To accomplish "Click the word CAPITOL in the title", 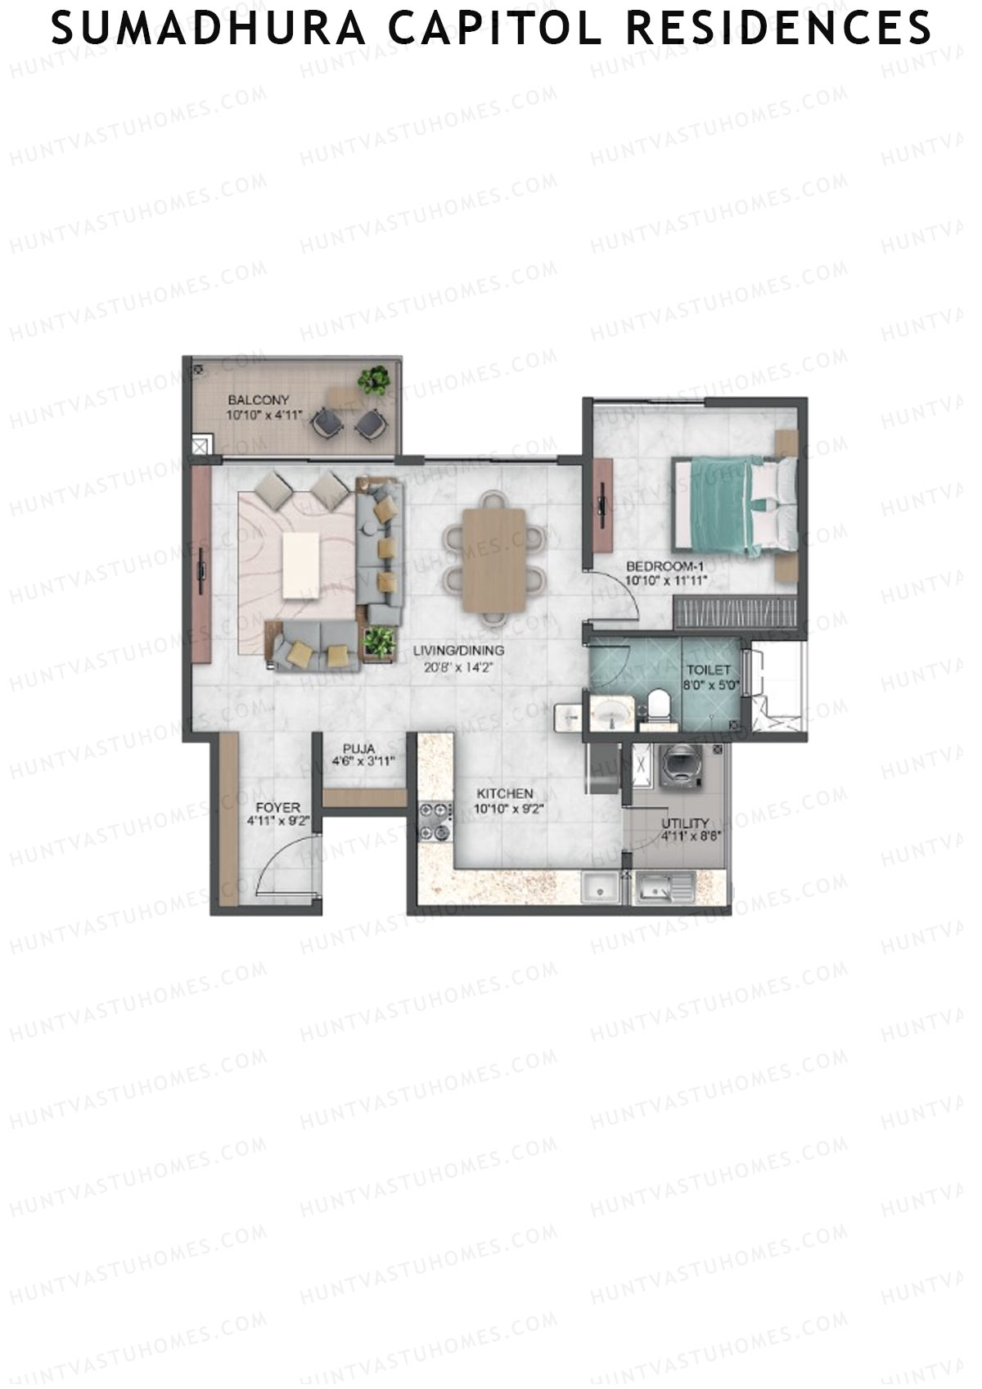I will tap(496, 28).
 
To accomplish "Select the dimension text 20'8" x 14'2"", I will tap(458, 666).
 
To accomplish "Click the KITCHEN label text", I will tap(505, 793).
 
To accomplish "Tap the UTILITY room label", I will tap(686, 823).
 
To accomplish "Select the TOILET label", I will tap(709, 670).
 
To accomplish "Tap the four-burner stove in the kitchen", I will tap(435, 822).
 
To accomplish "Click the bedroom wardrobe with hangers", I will tap(734, 614).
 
